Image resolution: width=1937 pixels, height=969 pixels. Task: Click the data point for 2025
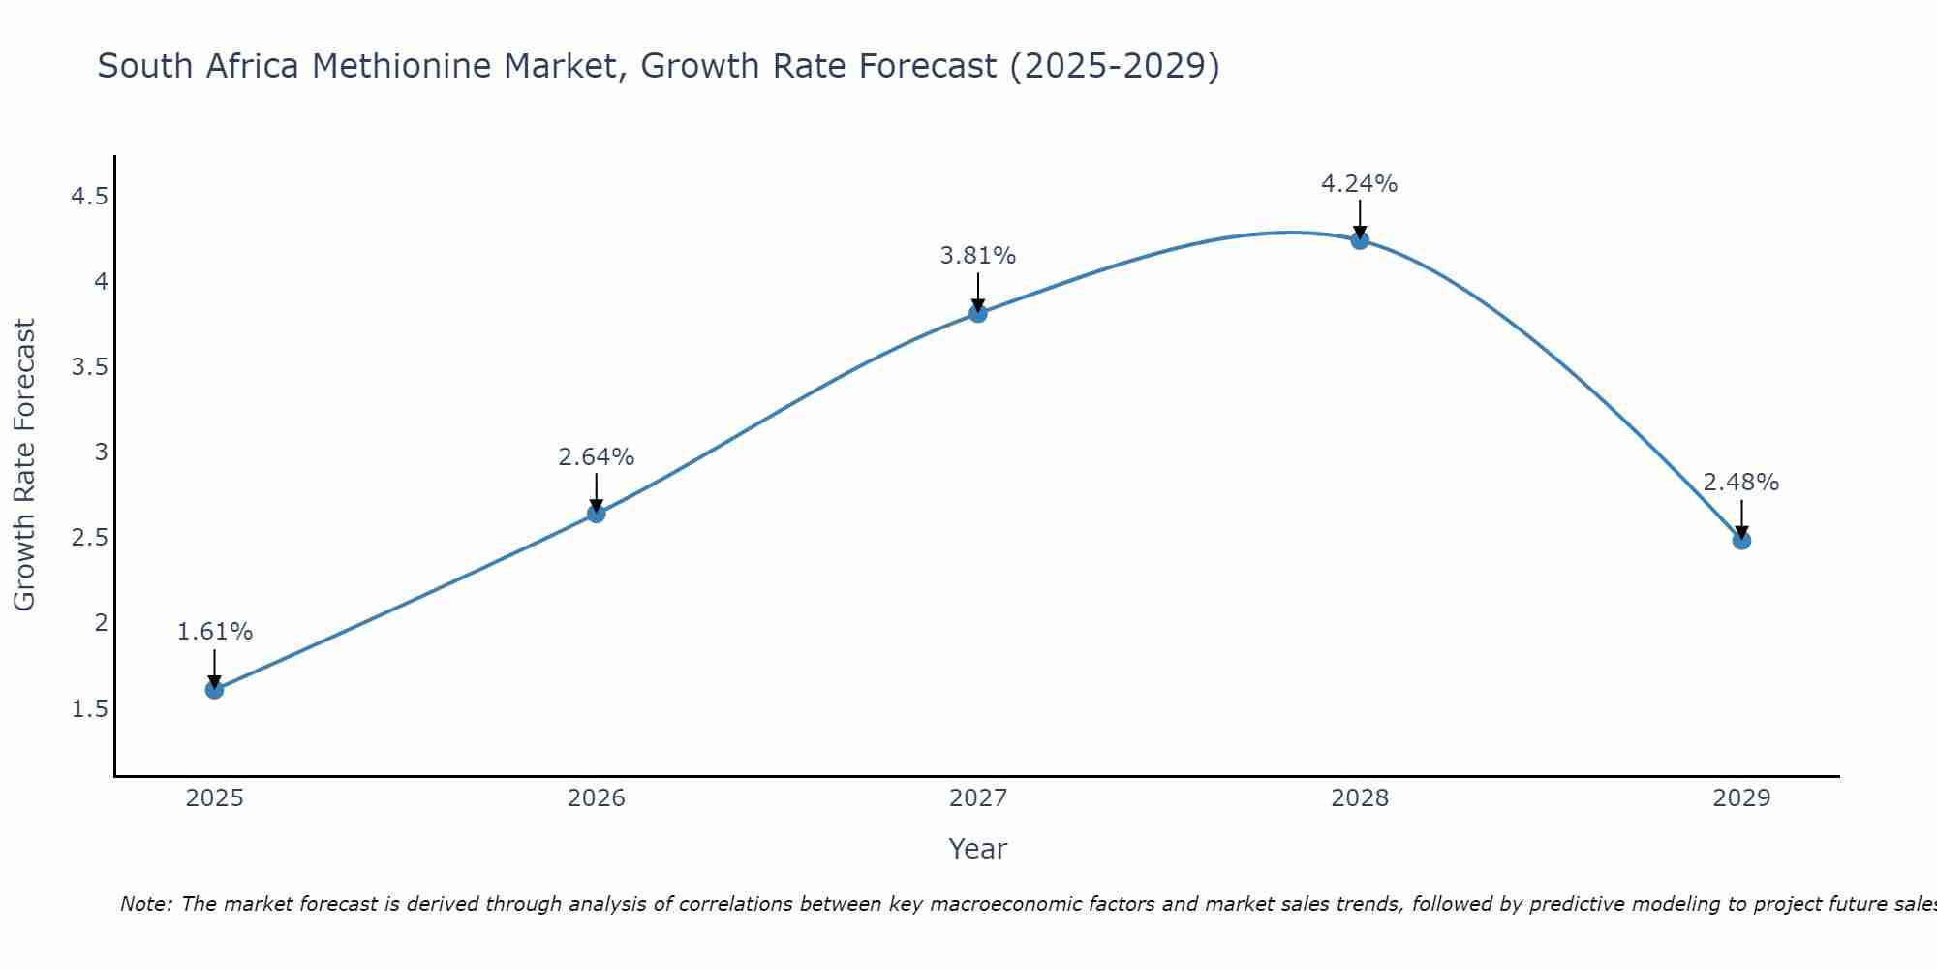(x=214, y=690)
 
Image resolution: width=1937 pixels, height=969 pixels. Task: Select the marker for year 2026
(x=597, y=514)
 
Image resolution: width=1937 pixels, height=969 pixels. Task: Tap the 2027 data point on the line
(x=978, y=313)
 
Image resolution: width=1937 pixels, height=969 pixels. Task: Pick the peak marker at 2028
(x=1360, y=240)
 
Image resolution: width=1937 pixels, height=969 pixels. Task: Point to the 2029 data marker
(x=1741, y=541)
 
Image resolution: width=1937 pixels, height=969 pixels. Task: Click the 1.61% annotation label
(x=214, y=632)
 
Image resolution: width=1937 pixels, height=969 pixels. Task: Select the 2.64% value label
(x=597, y=456)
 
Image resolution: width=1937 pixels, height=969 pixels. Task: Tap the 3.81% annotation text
(x=978, y=256)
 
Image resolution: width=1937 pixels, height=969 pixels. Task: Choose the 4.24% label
(x=1360, y=184)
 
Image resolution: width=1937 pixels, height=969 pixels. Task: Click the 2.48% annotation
(x=1741, y=483)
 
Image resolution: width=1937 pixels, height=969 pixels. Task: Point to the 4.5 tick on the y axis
(x=89, y=198)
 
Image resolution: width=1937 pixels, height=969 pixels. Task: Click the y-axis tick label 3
(x=101, y=453)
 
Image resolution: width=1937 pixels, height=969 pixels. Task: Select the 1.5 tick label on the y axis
(x=89, y=709)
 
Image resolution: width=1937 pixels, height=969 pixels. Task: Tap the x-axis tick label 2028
(x=1360, y=798)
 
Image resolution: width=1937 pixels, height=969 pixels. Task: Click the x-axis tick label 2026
(x=597, y=798)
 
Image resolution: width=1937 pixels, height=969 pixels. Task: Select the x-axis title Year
(x=978, y=849)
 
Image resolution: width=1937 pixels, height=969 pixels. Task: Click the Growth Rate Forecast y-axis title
(x=24, y=465)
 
